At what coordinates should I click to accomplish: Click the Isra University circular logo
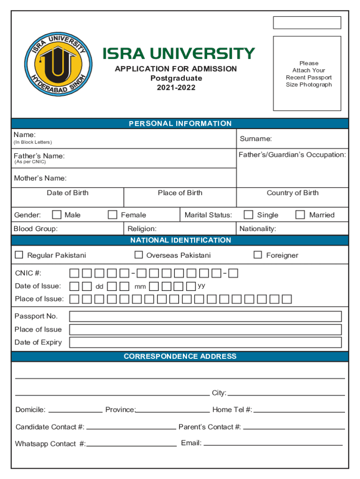[58, 64]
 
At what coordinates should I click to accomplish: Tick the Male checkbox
[57, 215]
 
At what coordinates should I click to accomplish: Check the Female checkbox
[113, 215]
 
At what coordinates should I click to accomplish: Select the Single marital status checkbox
[249, 215]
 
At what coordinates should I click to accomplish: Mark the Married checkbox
[300, 215]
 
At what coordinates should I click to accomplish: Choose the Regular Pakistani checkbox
[19, 255]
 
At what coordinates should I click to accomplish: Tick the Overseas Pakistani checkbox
[138, 255]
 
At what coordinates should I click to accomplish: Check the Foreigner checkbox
[258, 255]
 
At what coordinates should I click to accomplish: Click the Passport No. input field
[205, 316]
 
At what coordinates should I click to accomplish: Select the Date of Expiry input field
[205, 342]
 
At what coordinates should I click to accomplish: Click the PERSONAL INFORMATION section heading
[180, 123]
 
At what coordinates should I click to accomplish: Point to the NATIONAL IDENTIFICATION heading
[180, 240]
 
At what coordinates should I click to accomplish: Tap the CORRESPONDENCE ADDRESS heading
[180, 356]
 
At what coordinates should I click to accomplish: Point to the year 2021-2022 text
[176, 87]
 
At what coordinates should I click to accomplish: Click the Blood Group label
[36, 229]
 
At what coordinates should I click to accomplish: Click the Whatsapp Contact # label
[50, 444]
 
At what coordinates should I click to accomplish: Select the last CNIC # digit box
[233, 273]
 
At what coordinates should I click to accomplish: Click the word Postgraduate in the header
[176, 78]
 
